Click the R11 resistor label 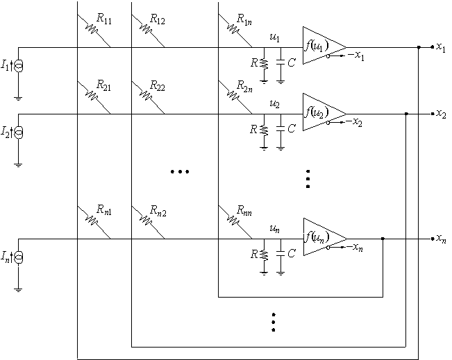click(103, 19)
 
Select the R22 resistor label click(158, 86)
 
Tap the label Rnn click(244, 211)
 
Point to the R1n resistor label click(244, 19)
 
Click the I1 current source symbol click(19, 66)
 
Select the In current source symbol click(19, 257)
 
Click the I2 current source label click(5, 132)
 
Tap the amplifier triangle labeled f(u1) click(324, 46)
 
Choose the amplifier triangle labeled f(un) click(325, 237)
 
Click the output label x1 click(441, 47)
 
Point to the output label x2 click(441, 114)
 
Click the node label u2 click(274, 103)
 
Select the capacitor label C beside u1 click(292, 62)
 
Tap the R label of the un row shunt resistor click(254, 254)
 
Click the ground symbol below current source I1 click(18, 98)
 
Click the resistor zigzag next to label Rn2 click(147, 221)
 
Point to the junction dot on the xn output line click(383, 239)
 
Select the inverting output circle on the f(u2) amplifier click(328, 123)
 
